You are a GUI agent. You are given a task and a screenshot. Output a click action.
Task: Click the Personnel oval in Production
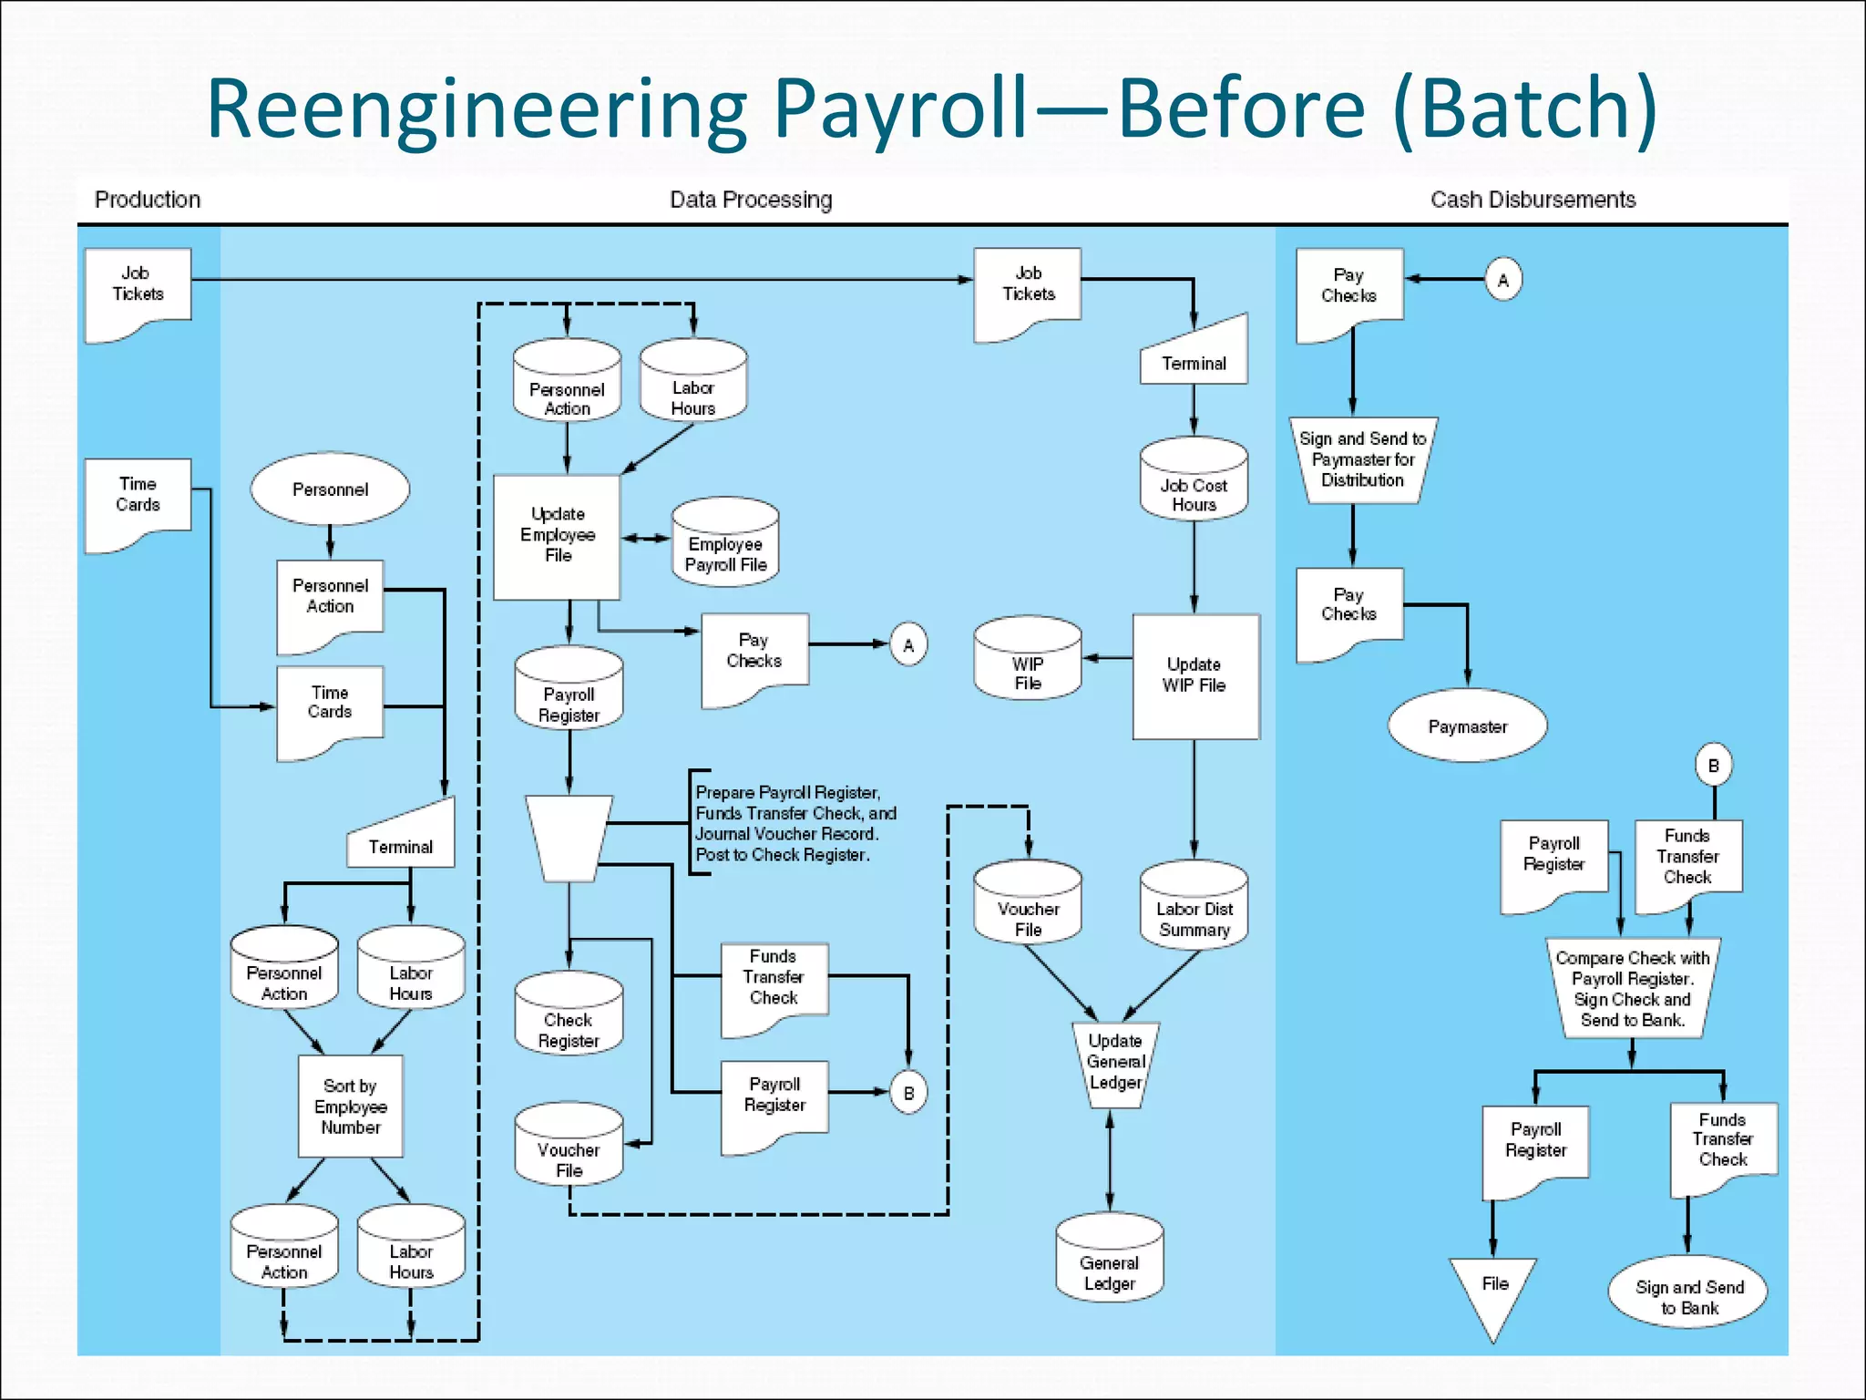point(330,489)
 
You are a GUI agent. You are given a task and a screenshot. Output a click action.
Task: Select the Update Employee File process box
point(557,536)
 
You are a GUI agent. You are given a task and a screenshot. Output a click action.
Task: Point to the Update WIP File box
point(1194,675)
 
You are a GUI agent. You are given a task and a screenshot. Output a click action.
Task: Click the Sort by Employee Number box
point(351,1106)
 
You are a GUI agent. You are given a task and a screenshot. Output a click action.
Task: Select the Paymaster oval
point(1467,726)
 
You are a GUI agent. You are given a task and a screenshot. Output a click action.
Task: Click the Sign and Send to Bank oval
point(1688,1295)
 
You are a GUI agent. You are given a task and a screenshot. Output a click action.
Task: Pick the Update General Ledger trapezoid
point(1114,1063)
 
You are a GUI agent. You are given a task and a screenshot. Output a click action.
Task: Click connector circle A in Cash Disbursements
point(1503,280)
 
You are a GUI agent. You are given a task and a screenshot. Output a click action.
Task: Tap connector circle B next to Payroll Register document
point(908,1093)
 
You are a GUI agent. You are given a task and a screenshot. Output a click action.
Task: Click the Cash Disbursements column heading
point(1533,200)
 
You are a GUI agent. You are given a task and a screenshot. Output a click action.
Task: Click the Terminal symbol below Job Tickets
point(1194,355)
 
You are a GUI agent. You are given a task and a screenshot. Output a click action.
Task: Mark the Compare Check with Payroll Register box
point(1632,988)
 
